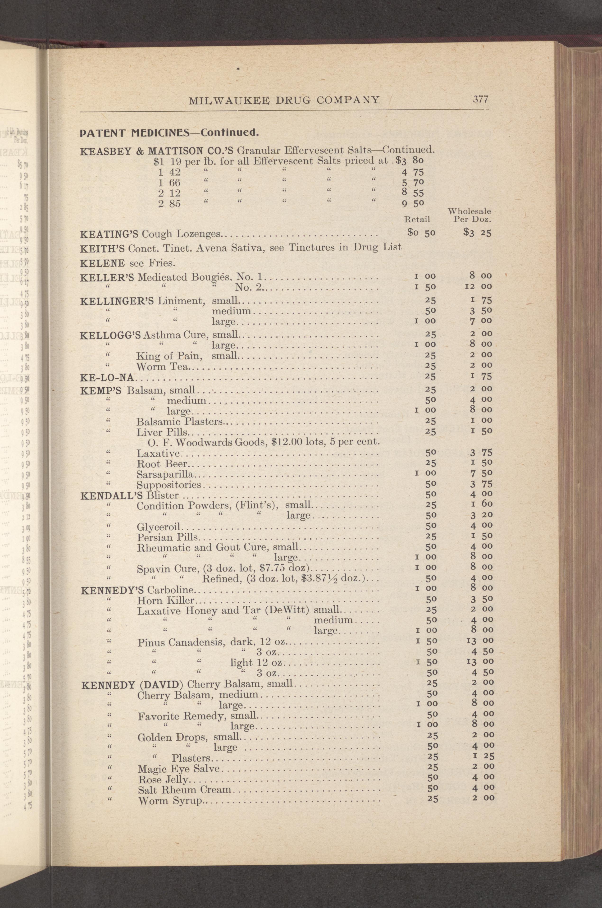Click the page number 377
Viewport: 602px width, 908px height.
(x=480, y=99)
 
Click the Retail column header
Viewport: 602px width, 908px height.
(x=417, y=219)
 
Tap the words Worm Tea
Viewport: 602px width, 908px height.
(x=162, y=367)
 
